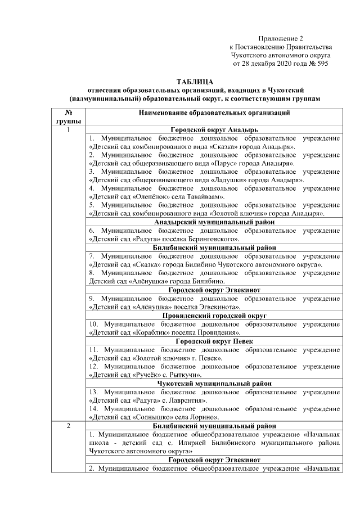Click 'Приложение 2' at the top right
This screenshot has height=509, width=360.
coord(281,38)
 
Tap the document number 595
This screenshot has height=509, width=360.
coord(321,64)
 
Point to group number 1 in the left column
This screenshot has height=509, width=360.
coord(67,130)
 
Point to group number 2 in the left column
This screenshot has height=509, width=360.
coord(67,426)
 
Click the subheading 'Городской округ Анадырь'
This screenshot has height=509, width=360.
coord(214,130)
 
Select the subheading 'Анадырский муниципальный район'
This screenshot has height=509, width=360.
coord(214,222)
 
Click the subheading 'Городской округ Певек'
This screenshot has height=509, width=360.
coord(214,341)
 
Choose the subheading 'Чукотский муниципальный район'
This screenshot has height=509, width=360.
coord(214,383)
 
